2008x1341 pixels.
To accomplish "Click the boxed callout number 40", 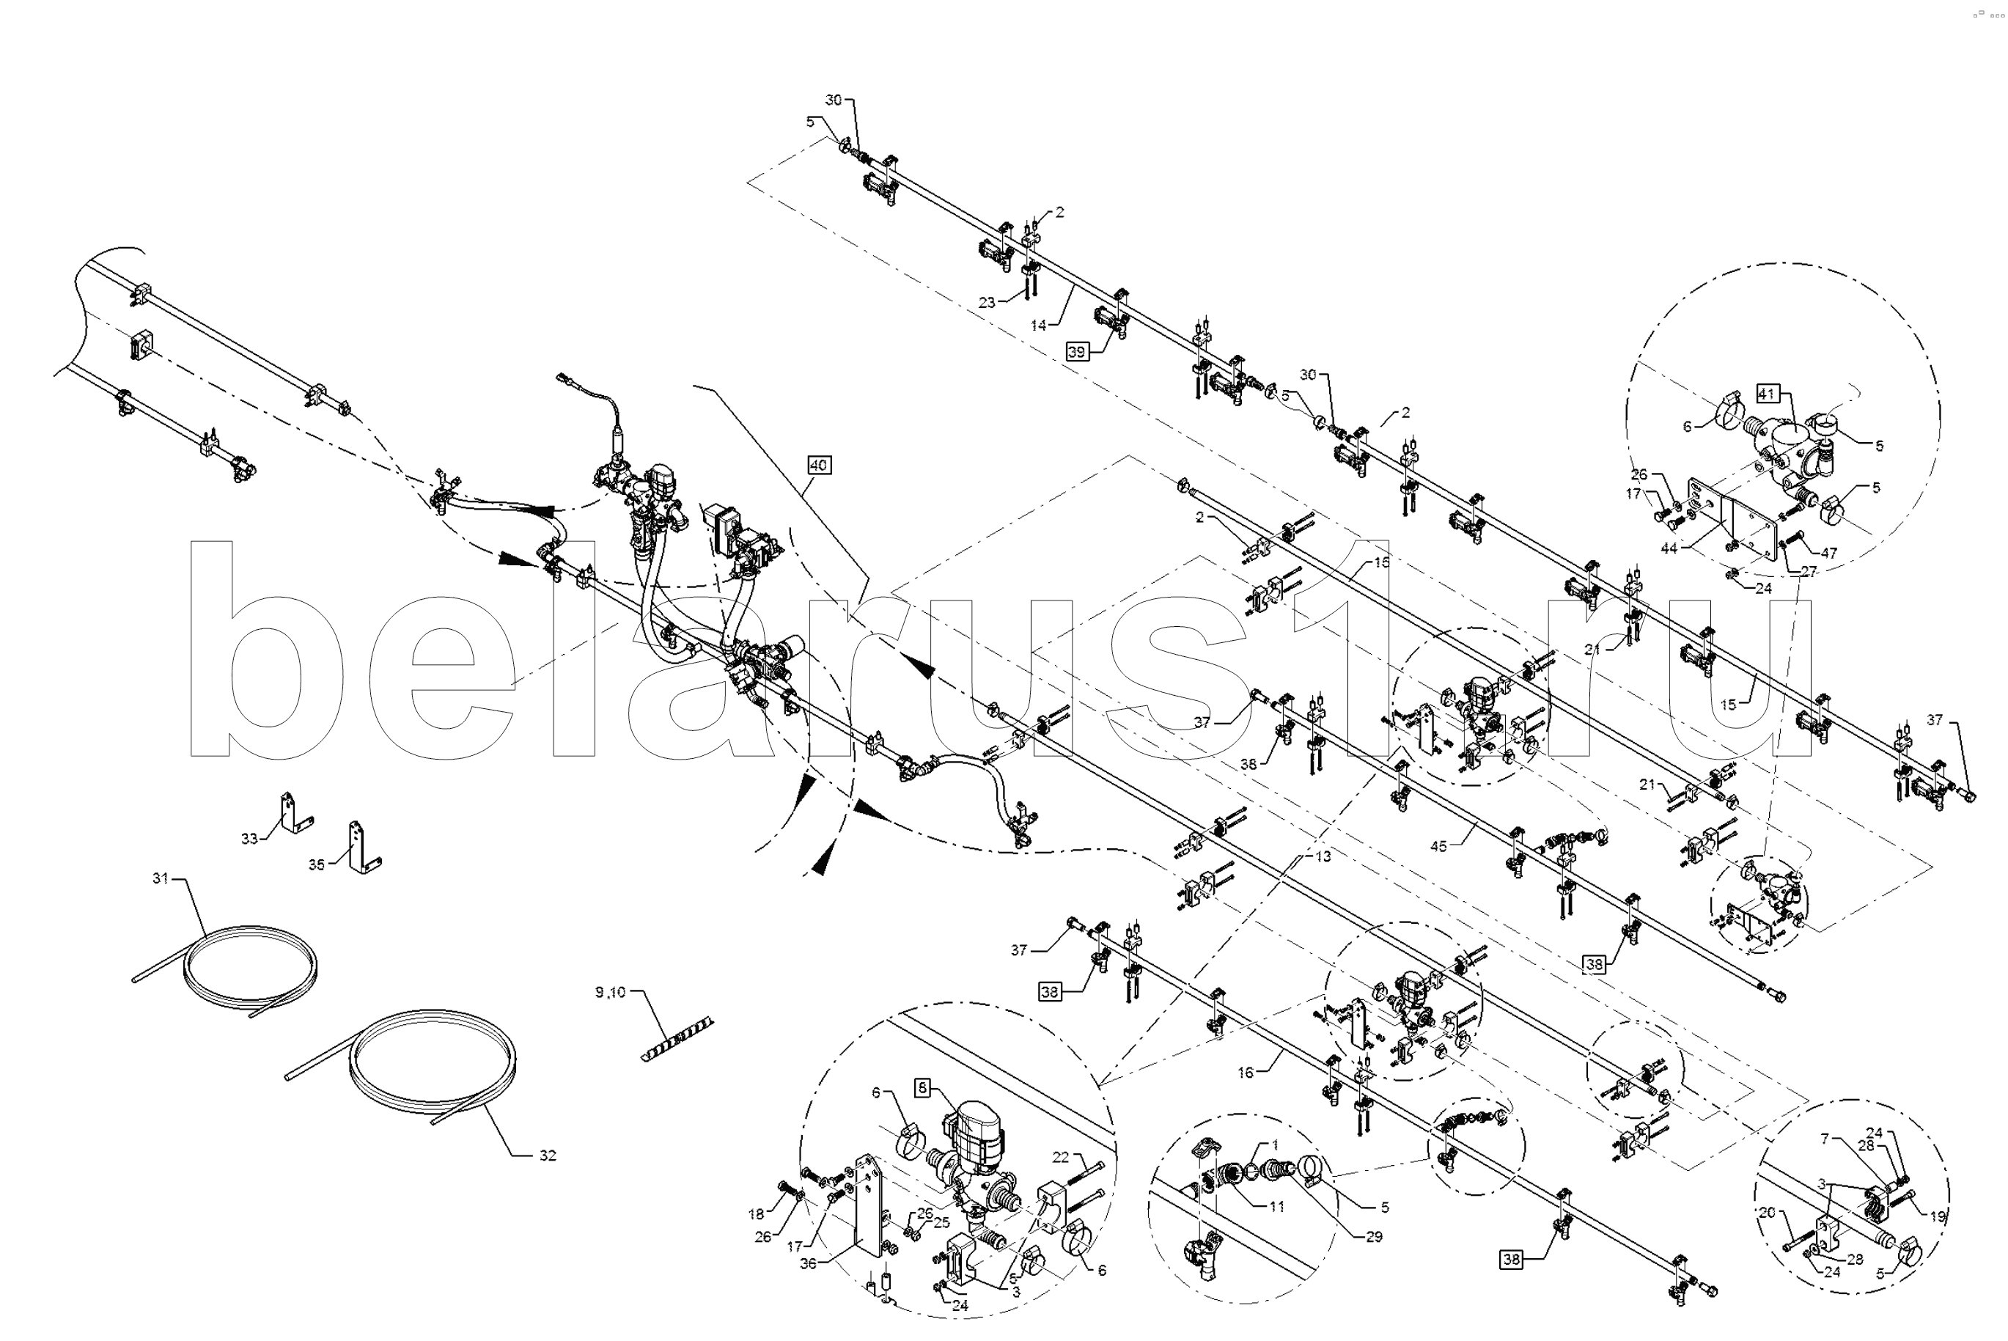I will [x=818, y=466].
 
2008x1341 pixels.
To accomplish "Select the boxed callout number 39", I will [x=1077, y=351].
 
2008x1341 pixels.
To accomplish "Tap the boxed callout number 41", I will [x=1767, y=394].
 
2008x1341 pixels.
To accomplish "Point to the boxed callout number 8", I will [x=922, y=1088].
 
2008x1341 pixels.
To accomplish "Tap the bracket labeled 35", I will [x=361, y=848].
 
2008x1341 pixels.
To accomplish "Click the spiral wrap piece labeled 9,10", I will [x=677, y=1040].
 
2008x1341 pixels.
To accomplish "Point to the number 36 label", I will [x=808, y=1264].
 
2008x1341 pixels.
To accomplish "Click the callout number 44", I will [x=1669, y=548].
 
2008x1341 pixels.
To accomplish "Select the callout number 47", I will [x=1828, y=554].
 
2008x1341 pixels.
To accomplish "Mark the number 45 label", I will [x=1438, y=847].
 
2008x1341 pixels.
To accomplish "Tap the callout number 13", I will [x=1323, y=856].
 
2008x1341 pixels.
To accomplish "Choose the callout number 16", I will [x=1245, y=1073].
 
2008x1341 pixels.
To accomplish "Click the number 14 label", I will [x=1038, y=325].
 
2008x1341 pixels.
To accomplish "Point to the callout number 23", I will [x=987, y=302].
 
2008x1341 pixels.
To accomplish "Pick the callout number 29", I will [x=1373, y=1237].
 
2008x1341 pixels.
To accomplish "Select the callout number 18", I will [x=756, y=1214].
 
